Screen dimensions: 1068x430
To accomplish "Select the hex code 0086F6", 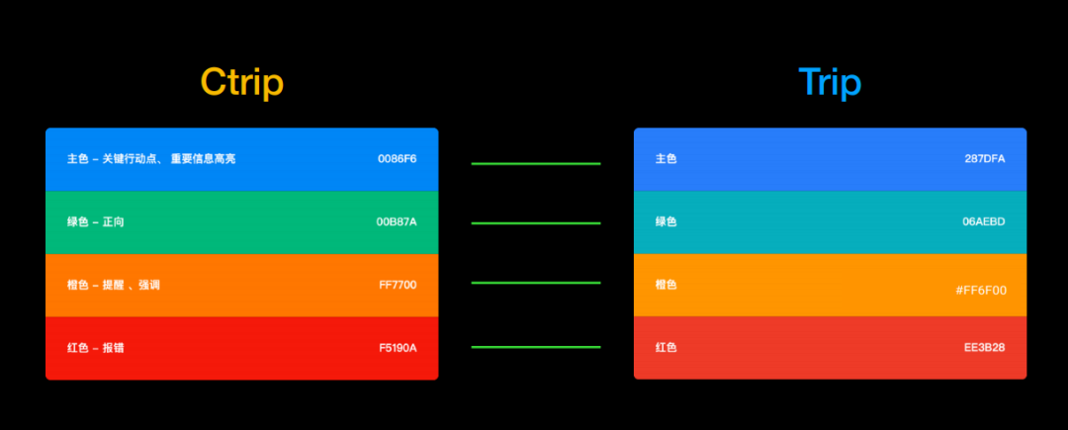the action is tap(398, 159).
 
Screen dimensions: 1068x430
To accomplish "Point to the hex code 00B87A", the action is tap(397, 221).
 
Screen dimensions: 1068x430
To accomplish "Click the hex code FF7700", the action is tap(398, 285).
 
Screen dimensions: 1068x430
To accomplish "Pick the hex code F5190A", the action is tap(398, 348).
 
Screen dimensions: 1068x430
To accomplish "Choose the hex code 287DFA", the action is tap(985, 159).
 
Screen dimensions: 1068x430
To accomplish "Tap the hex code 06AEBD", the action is tap(985, 221).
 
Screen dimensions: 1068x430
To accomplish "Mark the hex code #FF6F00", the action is tap(981, 291).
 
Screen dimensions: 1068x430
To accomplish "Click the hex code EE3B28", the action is tap(985, 348).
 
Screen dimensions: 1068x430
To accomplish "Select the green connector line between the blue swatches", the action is tap(536, 164).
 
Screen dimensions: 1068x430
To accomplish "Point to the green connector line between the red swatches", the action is tap(536, 347).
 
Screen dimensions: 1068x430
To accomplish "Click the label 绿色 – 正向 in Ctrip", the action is tap(95, 221).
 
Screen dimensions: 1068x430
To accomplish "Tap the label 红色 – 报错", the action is tap(95, 348).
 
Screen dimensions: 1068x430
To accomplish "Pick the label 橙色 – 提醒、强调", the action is tap(113, 285).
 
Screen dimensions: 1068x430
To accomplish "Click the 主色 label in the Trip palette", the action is tap(667, 159).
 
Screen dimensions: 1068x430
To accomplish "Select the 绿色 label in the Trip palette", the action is tap(667, 221).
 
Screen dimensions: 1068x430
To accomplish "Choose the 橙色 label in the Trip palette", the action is tap(667, 285).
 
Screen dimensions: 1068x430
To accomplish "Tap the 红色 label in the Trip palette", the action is tap(667, 348).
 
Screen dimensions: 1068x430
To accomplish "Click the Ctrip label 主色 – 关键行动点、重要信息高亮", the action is tap(151, 159).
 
